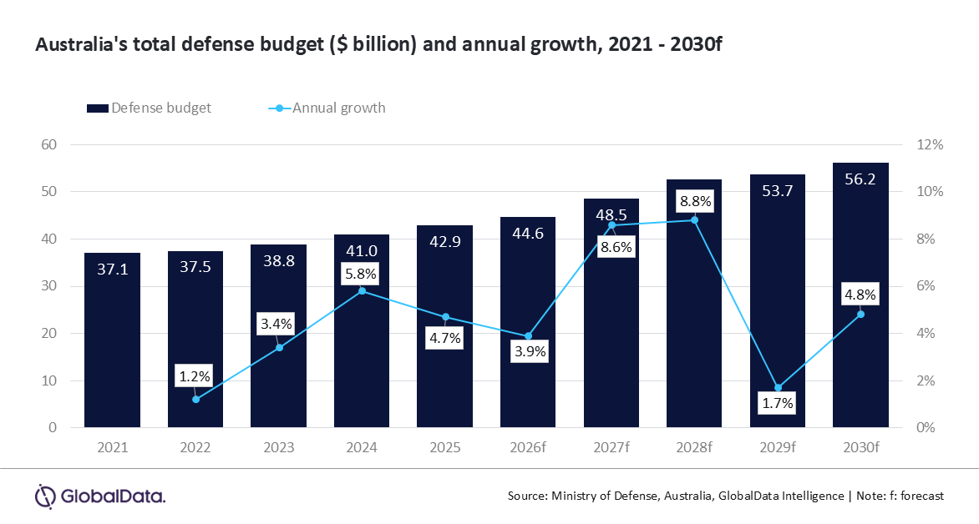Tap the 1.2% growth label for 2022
pos(195,375)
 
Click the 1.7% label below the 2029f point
pos(777,403)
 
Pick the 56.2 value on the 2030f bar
pos(860,179)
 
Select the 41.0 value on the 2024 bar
pos(361,250)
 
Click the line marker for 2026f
pos(528,336)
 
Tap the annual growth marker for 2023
pos(279,347)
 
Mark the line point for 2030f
pos(860,315)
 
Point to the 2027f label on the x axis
pos(611,448)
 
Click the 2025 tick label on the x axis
pos(444,448)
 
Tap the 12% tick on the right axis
pos(930,144)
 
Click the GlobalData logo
pos(100,496)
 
